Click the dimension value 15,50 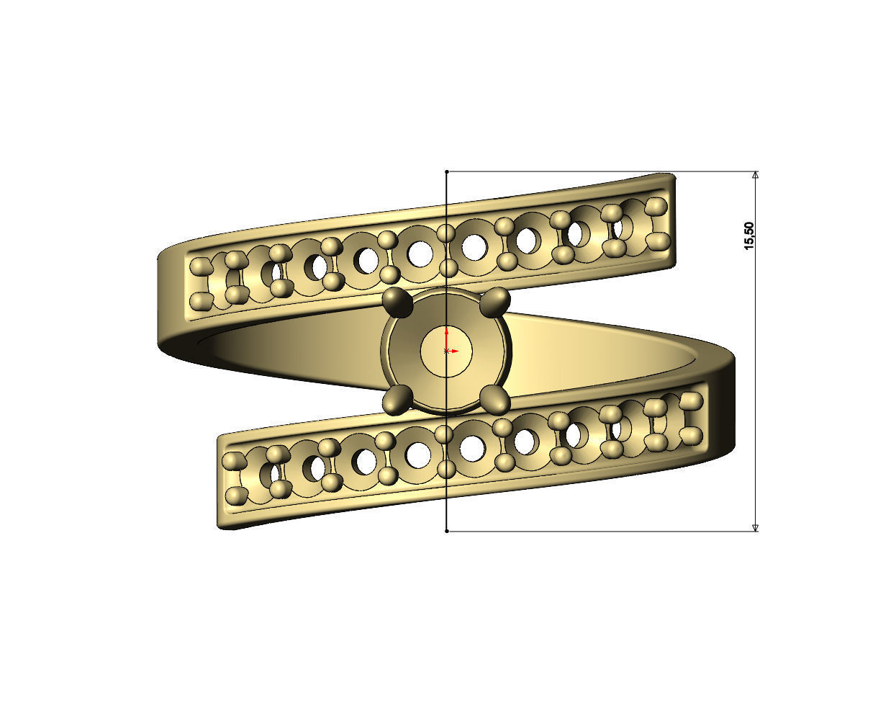[750, 236]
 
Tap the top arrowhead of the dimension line [755, 175]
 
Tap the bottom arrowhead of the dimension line [755, 527]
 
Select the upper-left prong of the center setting [397, 303]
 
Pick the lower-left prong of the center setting [397, 400]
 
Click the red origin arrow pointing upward [447, 333]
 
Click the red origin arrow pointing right [455, 351]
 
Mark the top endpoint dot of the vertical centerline [447, 172]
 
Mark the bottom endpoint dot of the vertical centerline [447, 532]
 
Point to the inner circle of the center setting [446, 351]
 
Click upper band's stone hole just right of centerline [474, 247]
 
